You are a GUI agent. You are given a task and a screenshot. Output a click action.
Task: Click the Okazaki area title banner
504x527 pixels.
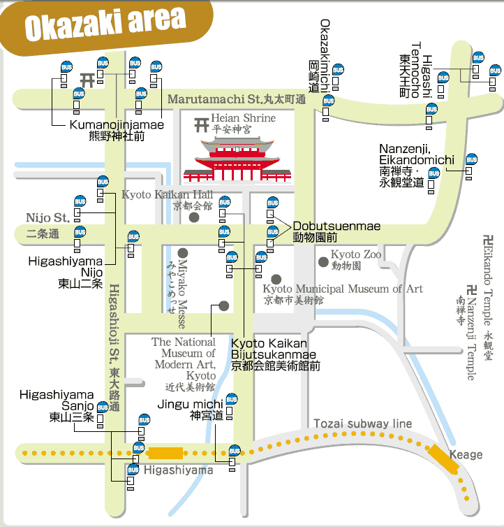tap(105, 24)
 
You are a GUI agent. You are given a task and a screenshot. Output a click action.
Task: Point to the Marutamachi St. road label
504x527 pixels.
tap(236, 100)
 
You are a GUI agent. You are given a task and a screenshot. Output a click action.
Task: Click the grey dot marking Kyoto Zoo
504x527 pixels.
tap(323, 262)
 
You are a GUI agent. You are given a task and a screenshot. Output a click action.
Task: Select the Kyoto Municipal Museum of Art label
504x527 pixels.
tap(342, 289)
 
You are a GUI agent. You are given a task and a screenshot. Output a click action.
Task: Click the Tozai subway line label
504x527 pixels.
tap(362, 424)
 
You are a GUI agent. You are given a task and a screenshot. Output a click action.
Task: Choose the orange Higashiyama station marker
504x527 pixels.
tap(166, 453)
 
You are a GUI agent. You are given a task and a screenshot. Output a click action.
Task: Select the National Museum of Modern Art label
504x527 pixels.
tap(184, 359)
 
